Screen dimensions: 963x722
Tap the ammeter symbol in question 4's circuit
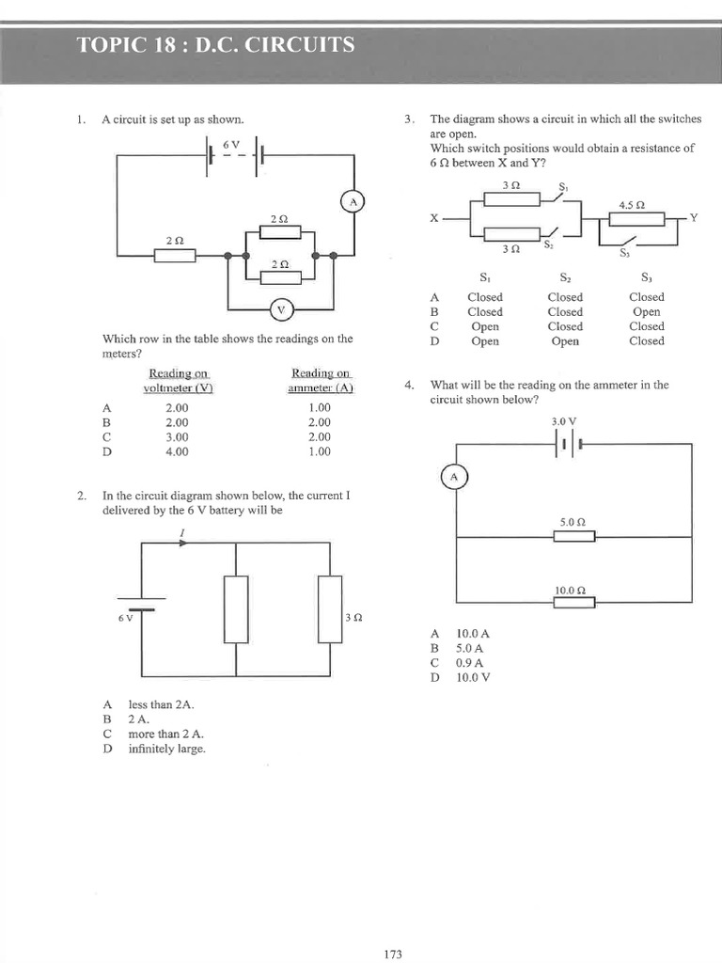point(454,478)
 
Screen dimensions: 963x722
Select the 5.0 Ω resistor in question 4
point(573,536)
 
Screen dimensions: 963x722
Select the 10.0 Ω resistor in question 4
point(573,603)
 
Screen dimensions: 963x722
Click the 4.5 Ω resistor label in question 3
point(631,204)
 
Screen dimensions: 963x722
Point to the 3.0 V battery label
point(564,421)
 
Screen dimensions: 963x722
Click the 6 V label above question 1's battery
point(231,144)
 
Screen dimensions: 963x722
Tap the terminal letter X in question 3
point(434,218)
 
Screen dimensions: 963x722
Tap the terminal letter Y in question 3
point(694,217)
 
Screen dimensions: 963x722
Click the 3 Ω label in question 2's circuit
point(353,618)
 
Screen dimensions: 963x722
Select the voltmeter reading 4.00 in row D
point(177,451)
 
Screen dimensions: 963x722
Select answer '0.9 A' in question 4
point(469,662)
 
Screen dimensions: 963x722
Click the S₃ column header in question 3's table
point(646,278)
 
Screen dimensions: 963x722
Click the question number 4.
point(409,385)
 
